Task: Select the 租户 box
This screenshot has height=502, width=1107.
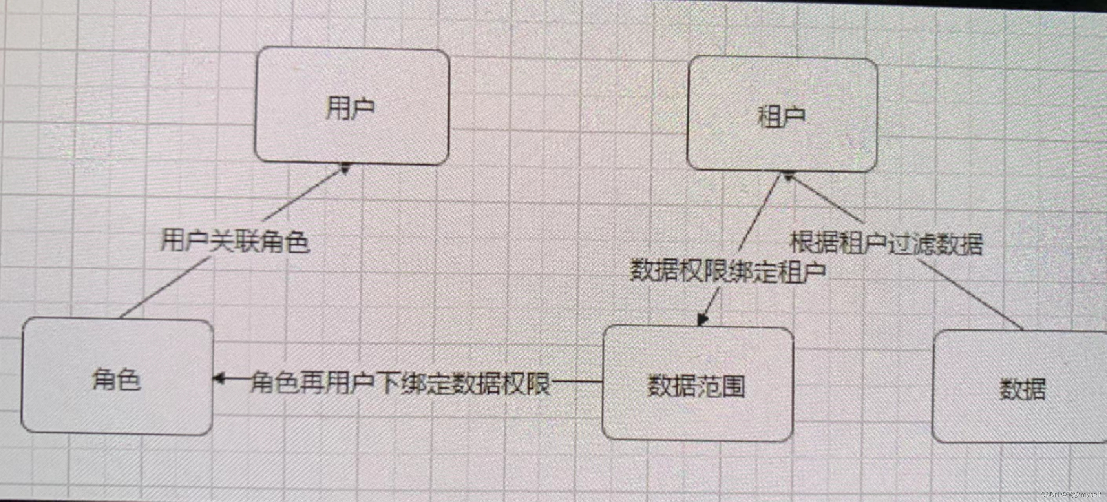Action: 782,115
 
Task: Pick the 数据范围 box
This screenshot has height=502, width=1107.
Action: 697,384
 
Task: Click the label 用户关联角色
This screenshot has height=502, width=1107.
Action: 235,241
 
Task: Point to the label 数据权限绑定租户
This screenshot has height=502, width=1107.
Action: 727,271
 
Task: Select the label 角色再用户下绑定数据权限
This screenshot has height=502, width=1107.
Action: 400,382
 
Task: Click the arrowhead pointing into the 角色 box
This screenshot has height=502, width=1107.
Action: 219,379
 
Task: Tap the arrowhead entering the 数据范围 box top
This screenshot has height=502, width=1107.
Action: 702,320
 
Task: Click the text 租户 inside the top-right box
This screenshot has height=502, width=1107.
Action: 781,116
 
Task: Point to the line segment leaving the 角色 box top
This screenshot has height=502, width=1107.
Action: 163,288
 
